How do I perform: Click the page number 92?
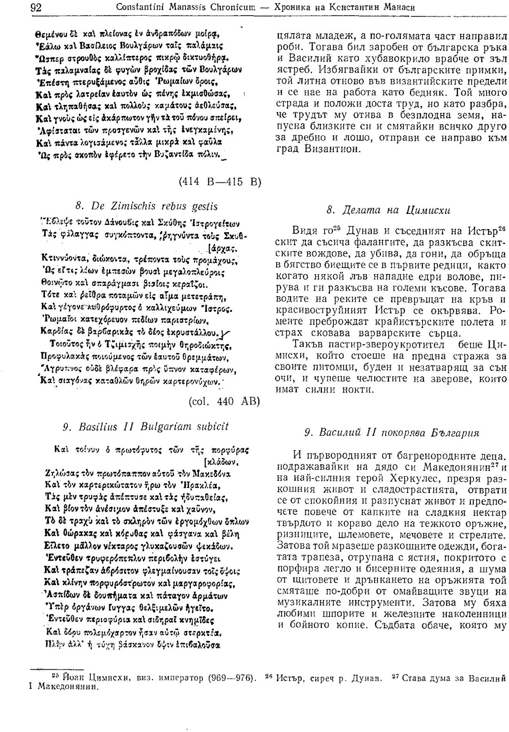pos(35,7)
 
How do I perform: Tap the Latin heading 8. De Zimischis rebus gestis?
pos(146,206)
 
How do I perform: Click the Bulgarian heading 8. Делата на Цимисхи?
pos(388,210)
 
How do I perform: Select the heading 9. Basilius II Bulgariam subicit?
pos(145,426)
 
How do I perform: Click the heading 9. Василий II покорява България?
pos(392,433)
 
